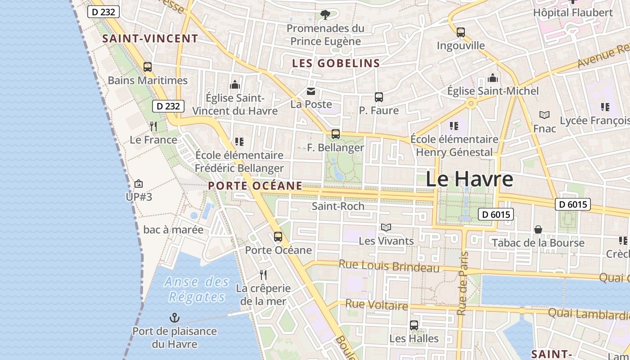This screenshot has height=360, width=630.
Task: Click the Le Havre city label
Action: pos(469,179)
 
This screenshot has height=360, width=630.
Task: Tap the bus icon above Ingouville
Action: pos(460,32)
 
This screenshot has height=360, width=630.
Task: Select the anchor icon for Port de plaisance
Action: pos(174,318)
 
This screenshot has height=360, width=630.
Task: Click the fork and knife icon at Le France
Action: pos(153,126)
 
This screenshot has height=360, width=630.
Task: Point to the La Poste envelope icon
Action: pos(311,92)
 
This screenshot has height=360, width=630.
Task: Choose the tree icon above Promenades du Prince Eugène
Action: pos(325,15)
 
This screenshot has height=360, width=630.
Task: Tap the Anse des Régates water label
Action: pos(197,289)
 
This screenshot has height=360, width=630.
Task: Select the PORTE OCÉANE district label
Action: pos(255,185)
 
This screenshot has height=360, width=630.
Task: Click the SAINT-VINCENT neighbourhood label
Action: pos(150,39)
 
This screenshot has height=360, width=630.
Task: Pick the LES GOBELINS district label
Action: pos(336,63)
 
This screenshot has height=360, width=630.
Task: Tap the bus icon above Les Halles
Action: pos(414,325)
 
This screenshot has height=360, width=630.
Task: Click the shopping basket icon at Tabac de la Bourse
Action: pos(538,229)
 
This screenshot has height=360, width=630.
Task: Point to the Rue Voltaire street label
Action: pos(376,305)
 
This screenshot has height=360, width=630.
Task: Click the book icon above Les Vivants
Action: pos(386,227)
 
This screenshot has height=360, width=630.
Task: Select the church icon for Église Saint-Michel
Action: pos(493,78)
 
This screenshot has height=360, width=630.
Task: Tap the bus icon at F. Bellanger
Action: pos(335,134)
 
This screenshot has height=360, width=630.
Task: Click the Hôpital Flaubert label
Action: pos(573,13)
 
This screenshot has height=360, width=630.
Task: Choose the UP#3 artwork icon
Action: pos(139,184)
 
